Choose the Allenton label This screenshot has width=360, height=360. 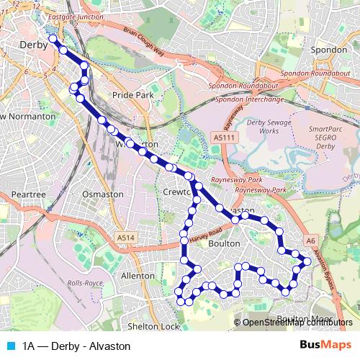pos(138,275)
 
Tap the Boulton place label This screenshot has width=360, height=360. pos(223,244)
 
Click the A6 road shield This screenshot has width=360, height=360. pos(311,241)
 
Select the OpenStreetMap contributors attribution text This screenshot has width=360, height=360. pos(297,323)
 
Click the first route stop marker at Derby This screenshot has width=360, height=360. pos(53,39)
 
